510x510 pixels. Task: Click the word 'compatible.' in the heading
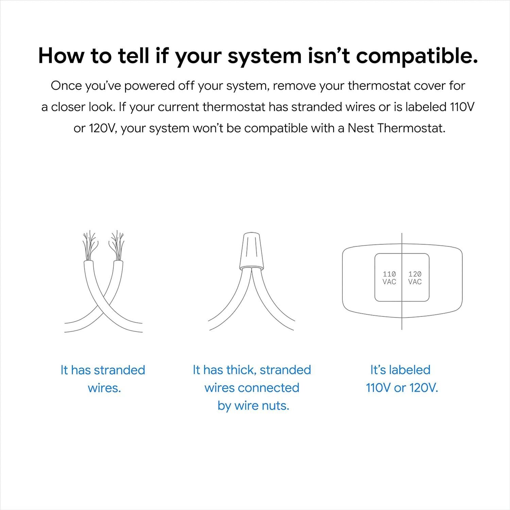[x=417, y=56]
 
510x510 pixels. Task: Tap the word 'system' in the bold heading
[x=264, y=56]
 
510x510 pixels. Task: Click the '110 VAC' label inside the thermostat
[x=389, y=278]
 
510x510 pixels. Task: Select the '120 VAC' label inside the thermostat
[x=415, y=278]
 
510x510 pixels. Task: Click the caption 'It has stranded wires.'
[x=103, y=379]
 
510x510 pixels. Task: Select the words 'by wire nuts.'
[x=253, y=406]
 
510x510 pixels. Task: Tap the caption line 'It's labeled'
[x=400, y=370]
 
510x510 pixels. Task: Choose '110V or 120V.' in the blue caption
[x=402, y=388]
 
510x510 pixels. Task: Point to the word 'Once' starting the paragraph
[x=66, y=86]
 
